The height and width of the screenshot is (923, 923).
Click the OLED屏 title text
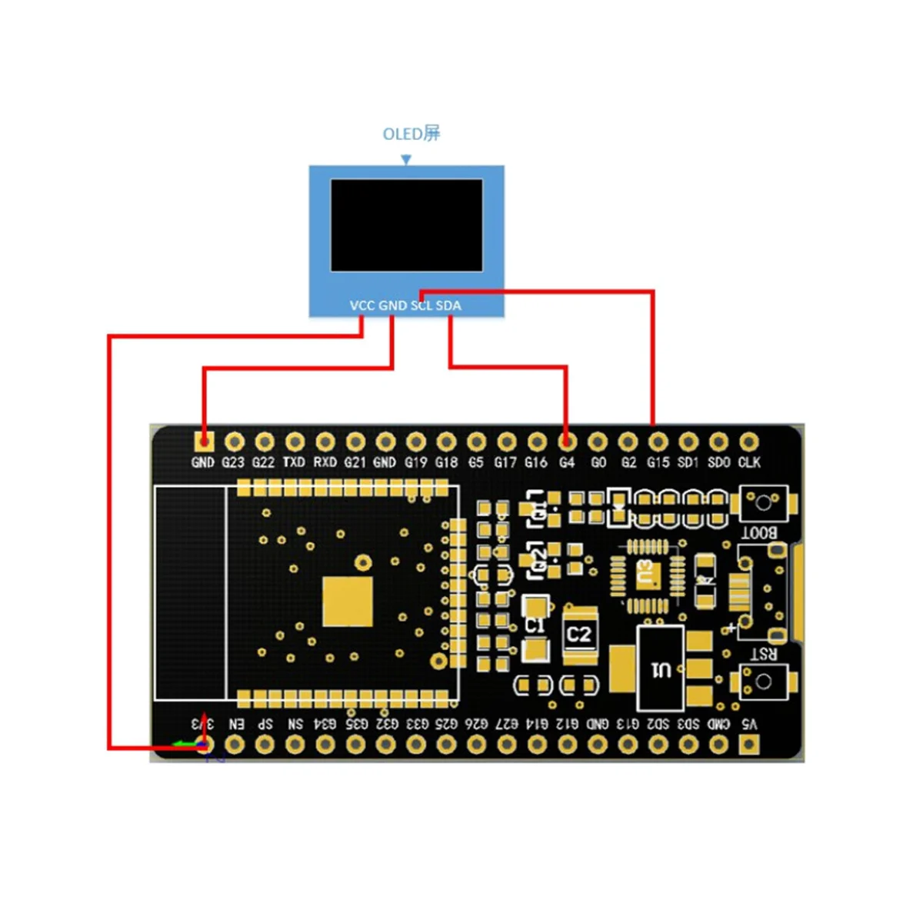(412, 134)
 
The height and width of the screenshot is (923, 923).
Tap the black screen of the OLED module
(407, 225)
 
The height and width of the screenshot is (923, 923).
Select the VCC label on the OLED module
(362, 305)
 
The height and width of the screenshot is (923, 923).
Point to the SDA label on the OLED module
(448, 305)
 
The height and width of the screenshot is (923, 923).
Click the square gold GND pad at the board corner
(203, 442)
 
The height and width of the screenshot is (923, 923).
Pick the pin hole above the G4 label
(567, 442)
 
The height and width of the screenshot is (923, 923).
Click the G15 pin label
(658, 462)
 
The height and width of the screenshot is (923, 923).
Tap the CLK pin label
(749, 462)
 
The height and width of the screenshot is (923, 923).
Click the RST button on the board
(763, 681)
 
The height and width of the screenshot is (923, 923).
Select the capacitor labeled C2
(579, 635)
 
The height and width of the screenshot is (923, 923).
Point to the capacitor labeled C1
(535, 626)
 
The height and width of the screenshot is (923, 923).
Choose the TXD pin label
(294, 462)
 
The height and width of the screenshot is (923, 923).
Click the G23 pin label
(233, 462)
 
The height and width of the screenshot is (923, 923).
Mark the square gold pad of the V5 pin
(749, 744)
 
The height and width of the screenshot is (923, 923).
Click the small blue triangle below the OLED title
(406, 160)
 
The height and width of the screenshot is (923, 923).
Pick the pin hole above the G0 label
(598, 442)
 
